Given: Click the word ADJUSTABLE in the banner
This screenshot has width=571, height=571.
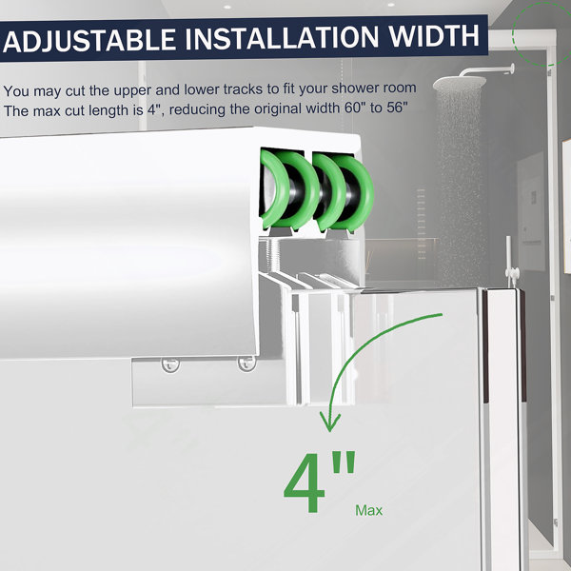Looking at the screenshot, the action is click(89, 40).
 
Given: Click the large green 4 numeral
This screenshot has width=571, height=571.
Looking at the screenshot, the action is click(305, 482).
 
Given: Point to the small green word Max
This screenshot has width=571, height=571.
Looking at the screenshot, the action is click(368, 510).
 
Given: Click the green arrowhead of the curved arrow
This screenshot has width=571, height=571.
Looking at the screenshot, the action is click(330, 422).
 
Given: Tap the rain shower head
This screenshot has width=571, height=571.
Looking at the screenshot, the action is click(460, 83).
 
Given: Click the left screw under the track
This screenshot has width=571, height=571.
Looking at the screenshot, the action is click(170, 364).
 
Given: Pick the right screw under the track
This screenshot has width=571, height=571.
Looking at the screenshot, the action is click(246, 364).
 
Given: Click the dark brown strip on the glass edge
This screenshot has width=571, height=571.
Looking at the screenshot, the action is click(522, 345).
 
